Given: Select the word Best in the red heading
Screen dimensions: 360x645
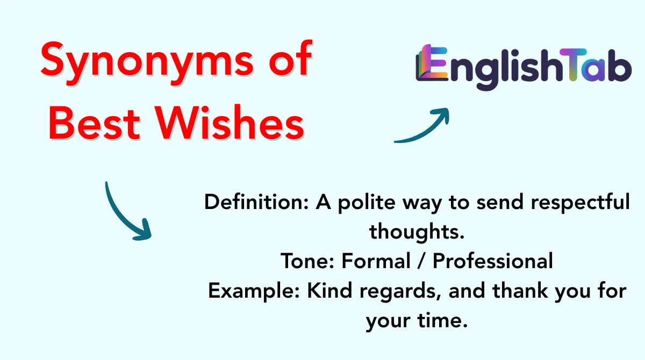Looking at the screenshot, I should pos(95,126).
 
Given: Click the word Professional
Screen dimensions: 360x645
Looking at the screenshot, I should pos(493,262).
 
